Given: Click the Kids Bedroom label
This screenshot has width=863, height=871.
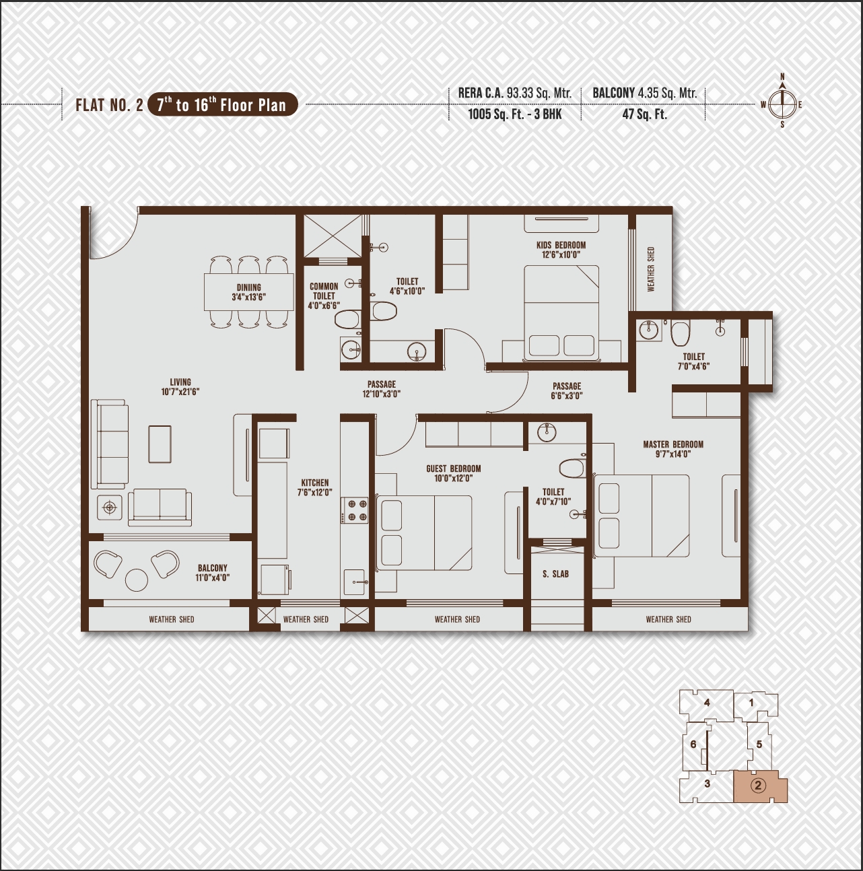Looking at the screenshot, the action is (561, 245).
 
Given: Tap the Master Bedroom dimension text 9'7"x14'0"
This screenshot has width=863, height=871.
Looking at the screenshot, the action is (673, 454).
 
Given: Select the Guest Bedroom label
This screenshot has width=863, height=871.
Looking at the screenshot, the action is (454, 468).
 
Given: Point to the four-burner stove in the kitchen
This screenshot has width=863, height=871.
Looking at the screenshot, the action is (354, 510).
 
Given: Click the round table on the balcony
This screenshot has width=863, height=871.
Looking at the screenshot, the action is (136, 580).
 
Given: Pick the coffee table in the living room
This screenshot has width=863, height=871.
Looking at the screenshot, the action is (160, 444).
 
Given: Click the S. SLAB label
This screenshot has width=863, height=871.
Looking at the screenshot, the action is (555, 574).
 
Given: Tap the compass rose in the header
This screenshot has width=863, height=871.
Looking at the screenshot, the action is (782, 104).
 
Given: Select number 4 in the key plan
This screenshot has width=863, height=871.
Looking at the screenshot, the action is (707, 703).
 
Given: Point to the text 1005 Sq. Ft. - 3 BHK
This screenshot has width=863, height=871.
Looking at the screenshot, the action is (515, 114).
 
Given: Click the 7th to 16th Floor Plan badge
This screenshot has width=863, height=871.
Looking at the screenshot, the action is (223, 105).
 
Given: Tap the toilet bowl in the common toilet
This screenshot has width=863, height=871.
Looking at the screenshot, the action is (347, 319).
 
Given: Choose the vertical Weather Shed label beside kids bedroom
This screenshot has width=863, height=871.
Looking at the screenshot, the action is (651, 269).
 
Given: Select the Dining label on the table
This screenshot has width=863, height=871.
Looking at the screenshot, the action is (248, 287).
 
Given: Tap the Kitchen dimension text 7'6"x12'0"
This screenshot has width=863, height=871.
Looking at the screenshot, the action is (315, 492).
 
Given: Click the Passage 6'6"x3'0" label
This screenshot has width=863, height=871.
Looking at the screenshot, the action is (567, 391).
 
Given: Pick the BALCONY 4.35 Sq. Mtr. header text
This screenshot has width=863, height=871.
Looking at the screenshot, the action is (645, 94).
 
